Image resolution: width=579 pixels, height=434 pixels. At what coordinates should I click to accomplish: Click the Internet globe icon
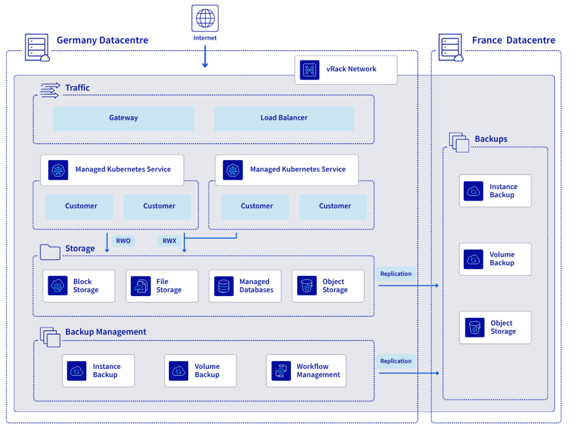click(x=205, y=18)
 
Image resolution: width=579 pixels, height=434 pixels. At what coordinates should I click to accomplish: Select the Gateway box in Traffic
click(x=124, y=118)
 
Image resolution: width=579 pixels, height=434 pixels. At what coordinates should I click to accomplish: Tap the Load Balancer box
click(x=284, y=118)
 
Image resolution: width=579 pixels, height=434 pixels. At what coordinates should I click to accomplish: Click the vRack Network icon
click(x=310, y=70)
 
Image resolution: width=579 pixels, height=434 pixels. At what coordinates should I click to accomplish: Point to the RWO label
click(x=124, y=241)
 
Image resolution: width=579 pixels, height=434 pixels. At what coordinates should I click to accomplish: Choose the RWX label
click(x=170, y=241)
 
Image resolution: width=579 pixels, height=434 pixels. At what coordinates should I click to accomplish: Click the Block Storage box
click(x=79, y=286)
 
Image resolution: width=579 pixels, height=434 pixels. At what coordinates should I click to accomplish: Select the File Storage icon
click(x=141, y=286)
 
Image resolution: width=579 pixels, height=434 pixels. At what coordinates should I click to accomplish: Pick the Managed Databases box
click(x=245, y=286)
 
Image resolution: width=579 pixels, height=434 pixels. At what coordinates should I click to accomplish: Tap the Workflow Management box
click(x=306, y=370)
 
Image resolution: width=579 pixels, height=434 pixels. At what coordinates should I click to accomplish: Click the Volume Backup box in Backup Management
click(x=201, y=370)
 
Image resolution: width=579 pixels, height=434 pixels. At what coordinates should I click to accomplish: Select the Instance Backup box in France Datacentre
click(x=495, y=191)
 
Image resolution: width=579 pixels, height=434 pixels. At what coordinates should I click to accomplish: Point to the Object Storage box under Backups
click(x=495, y=328)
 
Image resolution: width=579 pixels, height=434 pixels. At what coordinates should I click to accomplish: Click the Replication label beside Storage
click(x=396, y=274)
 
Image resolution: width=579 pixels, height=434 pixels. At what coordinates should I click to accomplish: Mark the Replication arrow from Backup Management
click(x=409, y=373)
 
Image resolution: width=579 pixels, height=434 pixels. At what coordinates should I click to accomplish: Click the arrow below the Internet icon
click(x=205, y=57)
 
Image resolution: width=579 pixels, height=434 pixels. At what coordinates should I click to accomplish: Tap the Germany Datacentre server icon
click(x=37, y=48)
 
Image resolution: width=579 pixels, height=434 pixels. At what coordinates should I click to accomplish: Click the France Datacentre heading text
click(x=514, y=40)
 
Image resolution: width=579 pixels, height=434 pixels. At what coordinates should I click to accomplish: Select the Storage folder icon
click(x=50, y=252)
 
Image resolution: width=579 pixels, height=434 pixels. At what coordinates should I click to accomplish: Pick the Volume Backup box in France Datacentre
click(x=495, y=259)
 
